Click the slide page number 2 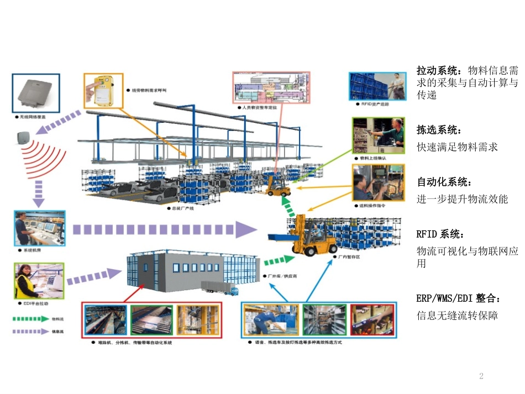click(x=481, y=376)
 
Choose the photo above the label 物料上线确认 click(x=379, y=135)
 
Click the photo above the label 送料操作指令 click(x=379, y=182)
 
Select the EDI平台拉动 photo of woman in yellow click(x=39, y=281)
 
